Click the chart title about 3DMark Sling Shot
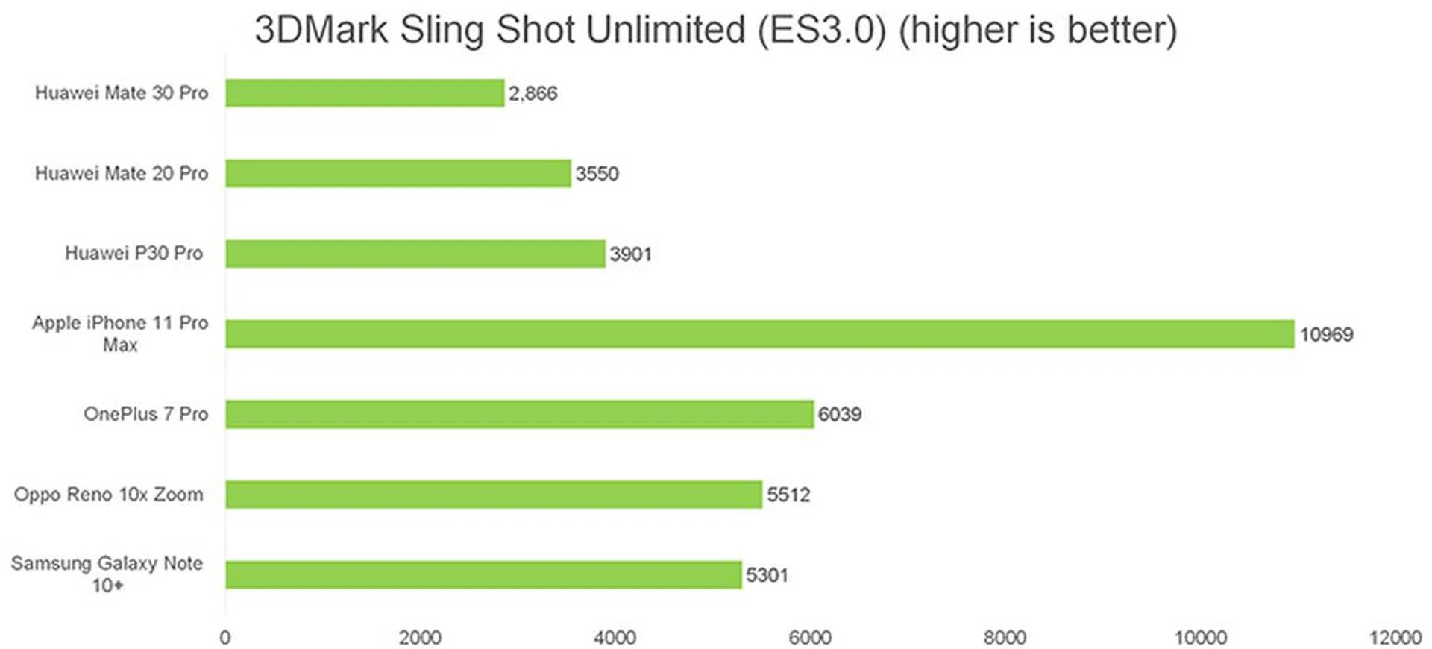pyautogui.click(x=715, y=30)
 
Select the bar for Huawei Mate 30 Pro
pyautogui.click(x=365, y=93)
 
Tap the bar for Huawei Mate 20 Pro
pyautogui.click(x=398, y=173)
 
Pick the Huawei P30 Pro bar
pyautogui.click(x=415, y=254)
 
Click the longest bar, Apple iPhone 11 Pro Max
pyautogui.click(x=759, y=333)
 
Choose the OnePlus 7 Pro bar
pyautogui.click(x=519, y=414)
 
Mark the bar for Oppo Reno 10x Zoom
pyautogui.click(x=494, y=494)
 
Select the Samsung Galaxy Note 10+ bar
pyautogui.click(x=483, y=574)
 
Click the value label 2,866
pyautogui.click(x=533, y=93)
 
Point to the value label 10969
pyautogui.click(x=1326, y=334)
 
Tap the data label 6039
pyautogui.click(x=839, y=414)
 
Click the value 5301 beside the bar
pyautogui.click(x=767, y=575)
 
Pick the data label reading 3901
pyautogui.click(x=630, y=254)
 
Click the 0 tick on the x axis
pyautogui.click(x=225, y=637)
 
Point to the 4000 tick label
pyautogui.click(x=615, y=637)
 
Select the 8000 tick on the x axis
pyautogui.click(x=1005, y=637)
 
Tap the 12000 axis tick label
pyautogui.click(x=1395, y=637)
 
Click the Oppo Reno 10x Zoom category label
pyautogui.click(x=109, y=494)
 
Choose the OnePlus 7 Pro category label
pyautogui.click(x=145, y=414)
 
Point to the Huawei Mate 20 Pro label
pyautogui.click(x=122, y=173)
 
